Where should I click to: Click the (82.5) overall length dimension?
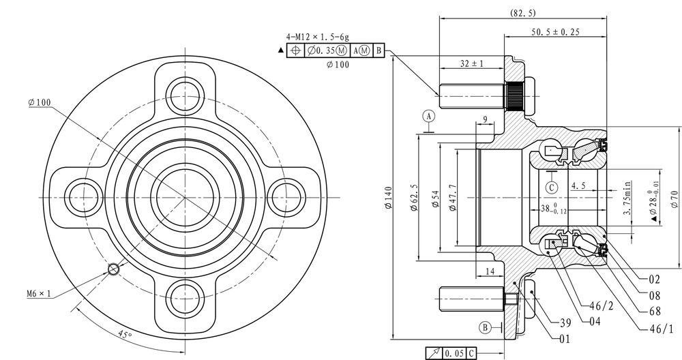click(x=522, y=13)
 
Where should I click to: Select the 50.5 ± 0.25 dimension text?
click(x=555, y=32)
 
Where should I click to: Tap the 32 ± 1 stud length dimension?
click(x=472, y=63)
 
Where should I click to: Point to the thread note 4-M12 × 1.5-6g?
click(x=317, y=37)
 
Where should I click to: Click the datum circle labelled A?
click(x=429, y=116)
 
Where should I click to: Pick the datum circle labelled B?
click(x=486, y=327)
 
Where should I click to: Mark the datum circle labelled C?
click(x=552, y=187)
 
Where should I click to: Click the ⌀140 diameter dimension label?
click(x=389, y=198)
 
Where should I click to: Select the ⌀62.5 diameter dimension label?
click(x=414, y=198)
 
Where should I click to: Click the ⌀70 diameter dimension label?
click(x=674, y=198)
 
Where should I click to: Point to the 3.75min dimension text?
click(x=627, y=198)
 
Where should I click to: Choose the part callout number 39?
click(x=565, y=322)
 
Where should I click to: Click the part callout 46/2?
click(x=602, y=306)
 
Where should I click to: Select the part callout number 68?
click(x=655, y=312)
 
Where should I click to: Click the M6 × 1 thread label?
click(x=39, y=294)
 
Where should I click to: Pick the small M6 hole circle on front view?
click(x=113, y=269)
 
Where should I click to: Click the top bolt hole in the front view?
click(x=186, y=95)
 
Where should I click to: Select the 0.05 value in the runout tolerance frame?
click(x=454, y=353)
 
